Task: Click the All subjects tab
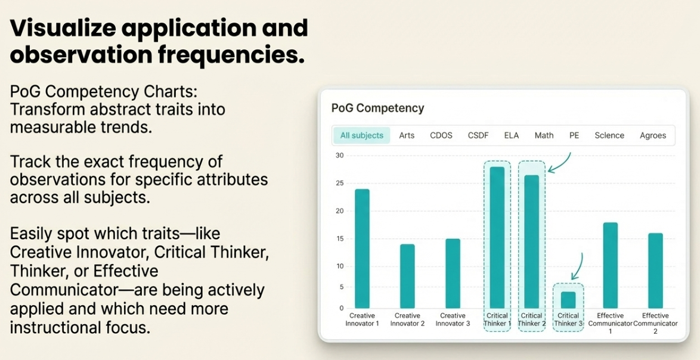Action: (x=361, y=135)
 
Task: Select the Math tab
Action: (x=544, y=135)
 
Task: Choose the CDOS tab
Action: (x=441, y=135)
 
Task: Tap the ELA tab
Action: (x=512, y=135)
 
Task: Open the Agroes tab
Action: (x=653, y=135)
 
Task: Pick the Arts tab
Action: (x=407, y=135)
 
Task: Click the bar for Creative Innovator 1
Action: (x=362, y=249)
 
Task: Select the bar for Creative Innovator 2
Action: (x=407, y=276)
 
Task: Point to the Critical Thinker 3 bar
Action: (x=568, y=300)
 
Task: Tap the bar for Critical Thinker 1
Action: (x=497, y=237)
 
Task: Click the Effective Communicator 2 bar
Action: (x=655, y=271)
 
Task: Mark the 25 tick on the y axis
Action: (x=340, y=184)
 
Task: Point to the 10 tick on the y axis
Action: (x=340, y=266)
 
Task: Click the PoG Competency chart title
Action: (x=377, y=108)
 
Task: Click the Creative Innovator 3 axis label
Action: (x=453, y=319)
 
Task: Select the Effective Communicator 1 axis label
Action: (x=611, y=324)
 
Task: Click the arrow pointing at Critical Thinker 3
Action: (x=577, y=267)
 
